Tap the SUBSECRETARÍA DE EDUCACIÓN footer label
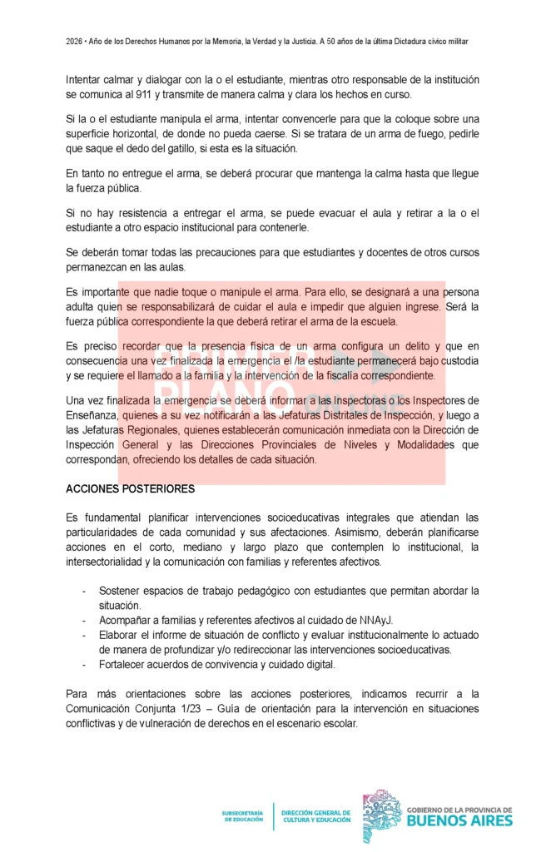click(x=243, y=815)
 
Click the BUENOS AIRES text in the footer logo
click(x=459, y=820)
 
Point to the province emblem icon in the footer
click(x=380, y=815)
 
